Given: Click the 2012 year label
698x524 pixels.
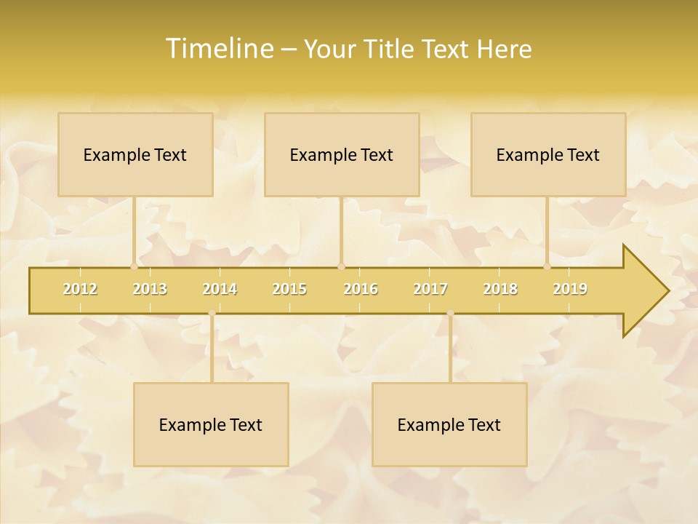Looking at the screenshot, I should click(80, 289).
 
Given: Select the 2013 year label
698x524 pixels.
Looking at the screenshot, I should click(150, 289).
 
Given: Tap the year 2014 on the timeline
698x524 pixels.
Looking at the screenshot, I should click(220, 289).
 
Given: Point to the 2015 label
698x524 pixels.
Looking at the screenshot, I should click(289, 289).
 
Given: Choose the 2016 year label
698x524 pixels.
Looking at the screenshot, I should click(361, 289).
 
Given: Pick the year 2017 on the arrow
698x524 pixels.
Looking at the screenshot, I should click(430, 289).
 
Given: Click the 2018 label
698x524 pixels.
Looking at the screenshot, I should click(500, 289).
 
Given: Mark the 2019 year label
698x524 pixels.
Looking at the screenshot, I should click(570, 289).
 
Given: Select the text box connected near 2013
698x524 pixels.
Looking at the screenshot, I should click(135, 154).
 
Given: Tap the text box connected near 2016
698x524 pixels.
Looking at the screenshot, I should click(342, 154).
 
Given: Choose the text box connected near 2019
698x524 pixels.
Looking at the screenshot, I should click(548, 154).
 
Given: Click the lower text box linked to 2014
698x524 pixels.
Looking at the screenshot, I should click(211, 424).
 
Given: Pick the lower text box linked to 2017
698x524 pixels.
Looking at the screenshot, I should click(449, 424).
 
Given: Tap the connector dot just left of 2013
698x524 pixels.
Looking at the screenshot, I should click(134, 267).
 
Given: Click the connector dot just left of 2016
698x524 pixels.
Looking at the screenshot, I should click(341, 267).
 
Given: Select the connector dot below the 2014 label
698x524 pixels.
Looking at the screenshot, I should click(212, 314).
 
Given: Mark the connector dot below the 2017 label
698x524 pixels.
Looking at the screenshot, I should click(450, 314).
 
